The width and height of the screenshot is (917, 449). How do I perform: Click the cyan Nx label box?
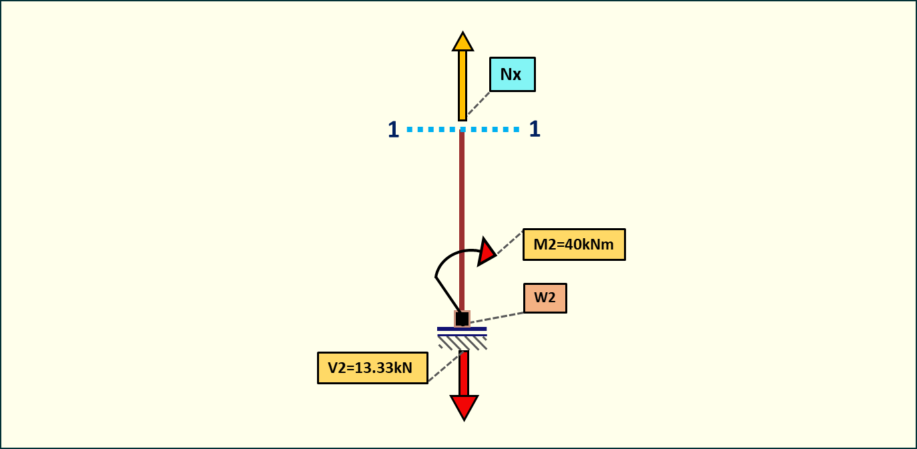(x=512, y=74)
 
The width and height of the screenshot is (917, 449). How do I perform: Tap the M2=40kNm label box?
(x=574, y=244)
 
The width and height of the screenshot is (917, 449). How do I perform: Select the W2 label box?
(x=545, y=298)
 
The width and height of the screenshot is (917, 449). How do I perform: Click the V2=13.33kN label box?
(x=372, y=368)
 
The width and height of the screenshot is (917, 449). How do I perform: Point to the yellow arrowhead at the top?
(x=463, y=42)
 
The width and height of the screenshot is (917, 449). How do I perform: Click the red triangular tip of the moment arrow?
(x=487, y=252)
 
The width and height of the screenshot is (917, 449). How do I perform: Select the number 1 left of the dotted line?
(x=393, y=129)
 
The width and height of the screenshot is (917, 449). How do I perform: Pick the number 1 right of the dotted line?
(x=534, y=129)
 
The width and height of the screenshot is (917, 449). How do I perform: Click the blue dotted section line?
(x=494, y=129)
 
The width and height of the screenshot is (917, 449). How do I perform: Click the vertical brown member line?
(x=461, y=200)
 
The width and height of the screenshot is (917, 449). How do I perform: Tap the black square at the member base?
(x=462, y=319)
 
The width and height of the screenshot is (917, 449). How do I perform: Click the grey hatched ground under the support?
(x=462, y=343)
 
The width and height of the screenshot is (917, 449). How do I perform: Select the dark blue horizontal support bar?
(x=462, y=329)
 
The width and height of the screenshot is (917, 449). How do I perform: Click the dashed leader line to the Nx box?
(x=479, y=103)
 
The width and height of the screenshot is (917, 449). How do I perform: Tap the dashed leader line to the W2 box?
(x=497, y=318)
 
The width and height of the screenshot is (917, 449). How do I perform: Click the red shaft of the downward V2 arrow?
(x=464, y=373)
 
